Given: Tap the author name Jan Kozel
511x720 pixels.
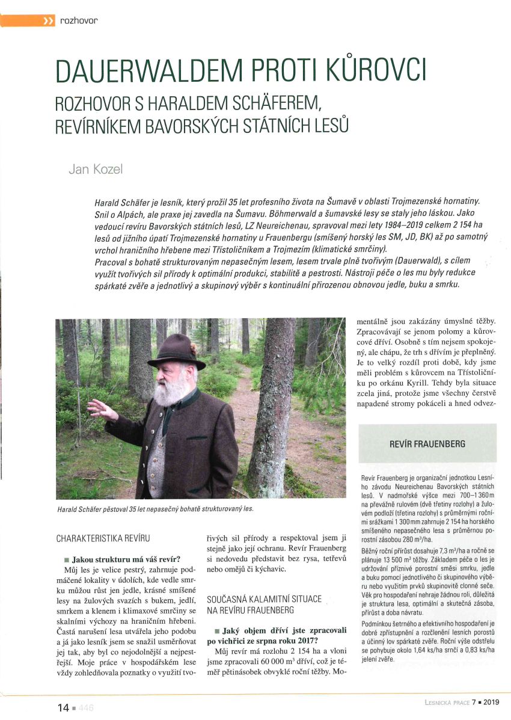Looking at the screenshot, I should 96,169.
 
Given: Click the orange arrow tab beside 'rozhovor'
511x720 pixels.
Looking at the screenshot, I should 28,21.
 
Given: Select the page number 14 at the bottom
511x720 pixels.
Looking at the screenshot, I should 63,707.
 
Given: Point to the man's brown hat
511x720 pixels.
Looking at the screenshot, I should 175,352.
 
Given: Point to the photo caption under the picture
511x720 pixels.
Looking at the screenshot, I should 155,509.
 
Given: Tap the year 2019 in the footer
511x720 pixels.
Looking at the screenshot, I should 492,702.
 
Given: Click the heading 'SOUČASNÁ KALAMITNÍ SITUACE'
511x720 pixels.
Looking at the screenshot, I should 263,599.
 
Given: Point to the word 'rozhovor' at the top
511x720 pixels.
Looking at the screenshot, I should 79,21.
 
